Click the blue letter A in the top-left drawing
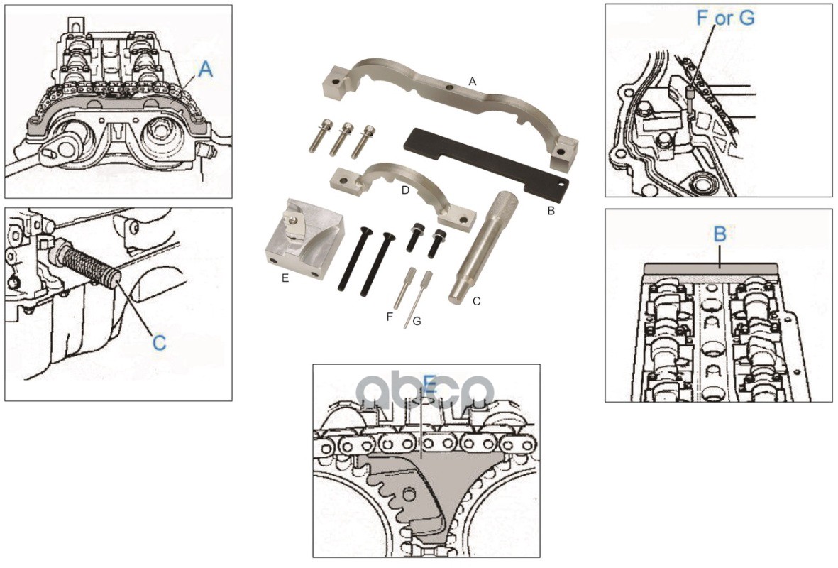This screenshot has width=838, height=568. [x=205, y=69]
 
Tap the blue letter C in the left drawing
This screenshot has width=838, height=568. [x=159, y=343]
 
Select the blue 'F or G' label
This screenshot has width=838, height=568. [x=725, y=18]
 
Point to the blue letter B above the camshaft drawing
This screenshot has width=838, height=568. [x=720, y=234]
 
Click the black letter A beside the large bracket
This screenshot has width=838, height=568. [x=472, y=82]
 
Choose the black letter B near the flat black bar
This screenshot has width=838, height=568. [x=551, y=211]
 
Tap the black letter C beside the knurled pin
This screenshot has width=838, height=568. [x=477, y=301]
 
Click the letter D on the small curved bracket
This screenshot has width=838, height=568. [x=405, y=190]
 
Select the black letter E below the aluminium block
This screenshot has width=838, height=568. [x=285, y=278]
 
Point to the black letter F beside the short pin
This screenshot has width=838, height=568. [x=390, y=317]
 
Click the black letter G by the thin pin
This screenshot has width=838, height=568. [x=417, y=322]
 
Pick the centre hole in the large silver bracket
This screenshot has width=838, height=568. [x=450, y=87]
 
